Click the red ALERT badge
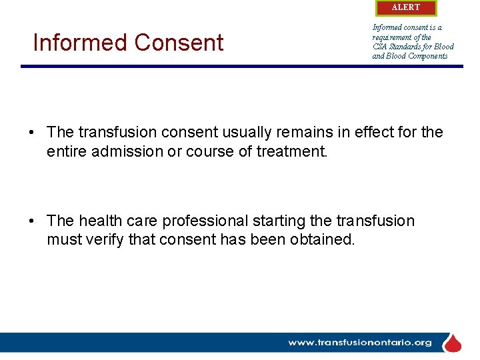pyautogui.click(x=406, y=7)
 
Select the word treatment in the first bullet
pyautogui.click(x=293, y=151)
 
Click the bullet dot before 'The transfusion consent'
pyautogui.click(x=32, y=133)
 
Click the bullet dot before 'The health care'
pyautogui.click(x=32, y=221)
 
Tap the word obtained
pyautogui.click(x=322, y=239)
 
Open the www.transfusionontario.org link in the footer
pyautogui.click(x=360, y=343)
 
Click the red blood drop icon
pyautogui.click(x=453, y=343)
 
